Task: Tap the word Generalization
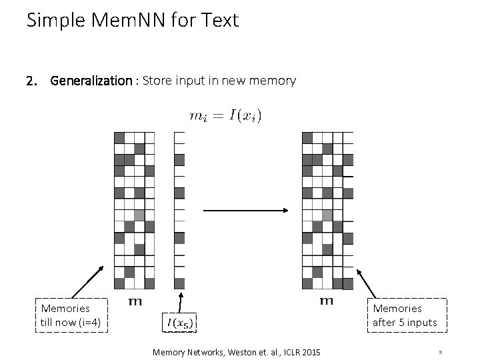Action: point(92,81)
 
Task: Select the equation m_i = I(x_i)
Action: point(225,115)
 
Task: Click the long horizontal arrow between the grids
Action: point(245,211)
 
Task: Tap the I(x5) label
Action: point(180,323)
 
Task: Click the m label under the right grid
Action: point(326,301)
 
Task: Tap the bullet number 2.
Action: point(31,81)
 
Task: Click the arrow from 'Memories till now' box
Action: point(87,281)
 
